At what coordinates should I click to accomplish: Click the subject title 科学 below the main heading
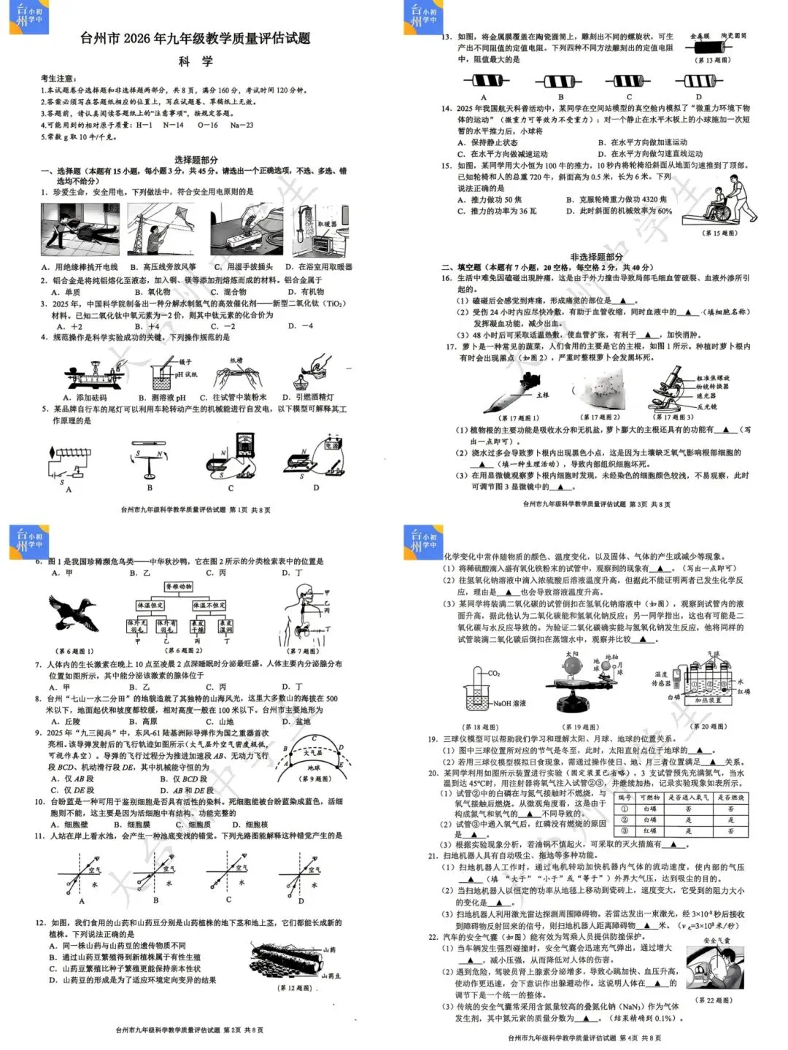(196, 61)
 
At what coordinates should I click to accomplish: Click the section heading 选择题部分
(196, 160)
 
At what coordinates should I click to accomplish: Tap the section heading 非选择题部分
(596, 257)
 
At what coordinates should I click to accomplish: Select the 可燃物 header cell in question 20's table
(649, 798)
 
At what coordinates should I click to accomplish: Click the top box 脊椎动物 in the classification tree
(179, 587)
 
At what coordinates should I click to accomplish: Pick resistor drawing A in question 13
(484, 81)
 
